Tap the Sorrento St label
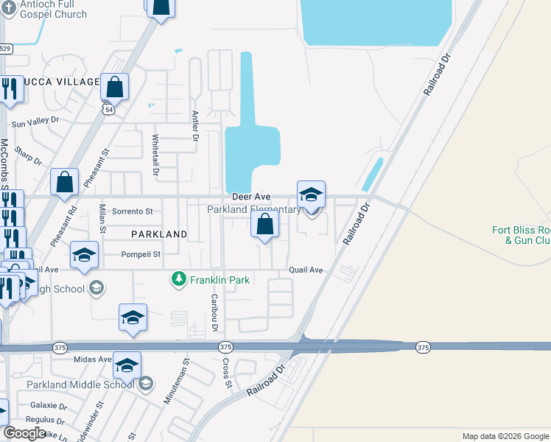coord(132,211)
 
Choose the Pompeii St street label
coord(141,255)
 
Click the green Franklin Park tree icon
coord(178,280)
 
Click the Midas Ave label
coord(91,359)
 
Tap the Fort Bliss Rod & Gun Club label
coord(521,235)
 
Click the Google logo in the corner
coord(24,434)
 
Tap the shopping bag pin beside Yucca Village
coord(115,87)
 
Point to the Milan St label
coord(103,220)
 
